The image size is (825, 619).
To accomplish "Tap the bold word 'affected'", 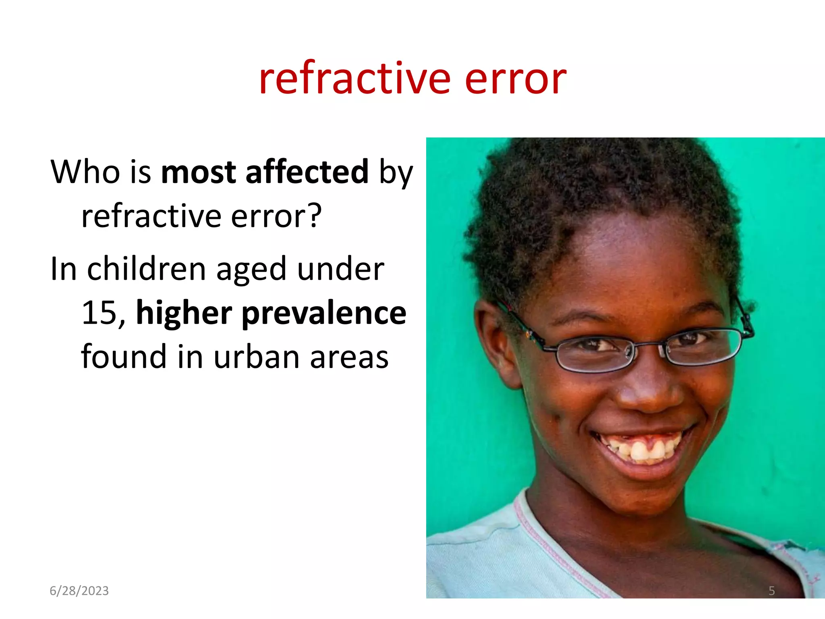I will (307, 172).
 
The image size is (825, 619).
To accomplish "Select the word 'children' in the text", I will (147, 269).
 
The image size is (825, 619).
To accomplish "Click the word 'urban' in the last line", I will (256, 357).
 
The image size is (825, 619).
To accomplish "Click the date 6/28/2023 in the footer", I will (79, 591).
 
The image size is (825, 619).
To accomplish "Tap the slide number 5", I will (771, 591).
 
